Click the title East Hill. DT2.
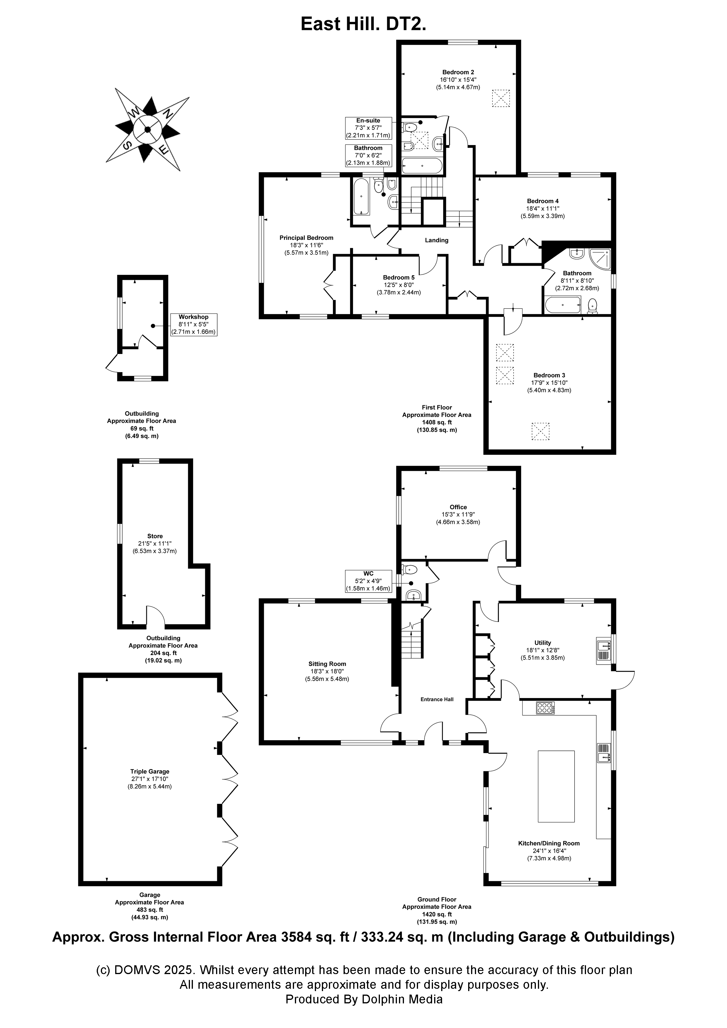363,24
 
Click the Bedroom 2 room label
458,72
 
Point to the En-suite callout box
368,127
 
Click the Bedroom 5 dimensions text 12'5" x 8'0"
398,285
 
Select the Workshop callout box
193,325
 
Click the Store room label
155,536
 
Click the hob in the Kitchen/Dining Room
545,708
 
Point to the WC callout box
368,581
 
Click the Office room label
458,507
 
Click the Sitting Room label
327,664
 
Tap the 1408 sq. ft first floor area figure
437,422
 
